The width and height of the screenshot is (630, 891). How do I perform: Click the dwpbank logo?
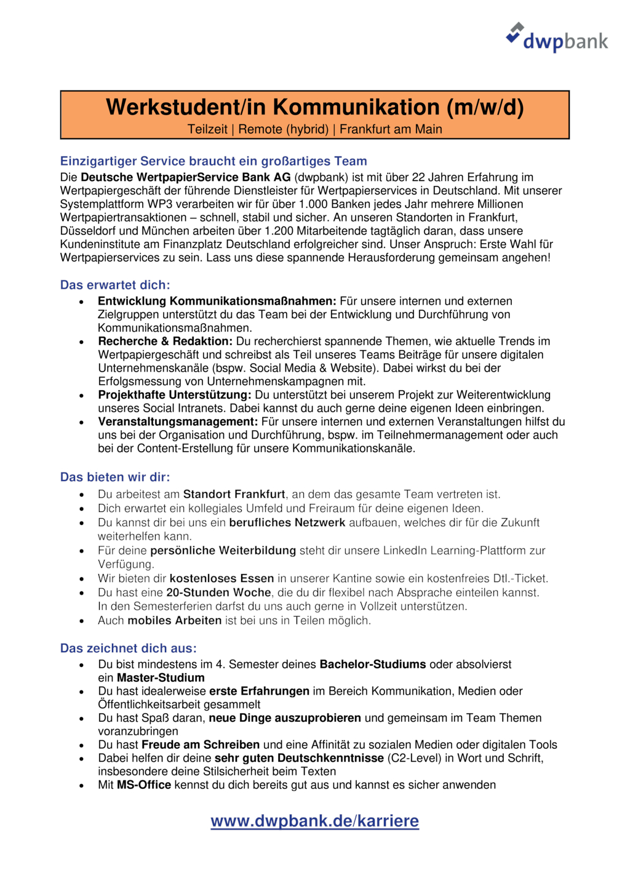557,38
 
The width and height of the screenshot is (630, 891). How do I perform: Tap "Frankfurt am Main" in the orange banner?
391,129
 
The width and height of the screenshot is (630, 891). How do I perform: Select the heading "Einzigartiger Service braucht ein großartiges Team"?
213,161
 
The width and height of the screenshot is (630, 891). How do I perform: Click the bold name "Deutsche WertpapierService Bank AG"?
186,177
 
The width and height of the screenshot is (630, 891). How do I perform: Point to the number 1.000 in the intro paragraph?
313,204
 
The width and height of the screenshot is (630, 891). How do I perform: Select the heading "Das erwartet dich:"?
115,285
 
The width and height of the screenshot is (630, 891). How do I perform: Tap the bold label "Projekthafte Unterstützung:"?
175,395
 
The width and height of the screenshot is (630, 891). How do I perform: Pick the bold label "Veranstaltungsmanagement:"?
178,422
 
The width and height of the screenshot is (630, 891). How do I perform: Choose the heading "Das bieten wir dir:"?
115,477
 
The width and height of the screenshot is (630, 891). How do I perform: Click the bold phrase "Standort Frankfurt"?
234,494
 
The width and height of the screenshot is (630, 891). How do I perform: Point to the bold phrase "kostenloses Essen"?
221,578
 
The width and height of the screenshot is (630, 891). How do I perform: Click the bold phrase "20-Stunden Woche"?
218,593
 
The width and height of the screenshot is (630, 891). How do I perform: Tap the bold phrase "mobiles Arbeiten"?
174,620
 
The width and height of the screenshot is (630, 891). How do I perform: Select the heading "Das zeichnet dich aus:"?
129,648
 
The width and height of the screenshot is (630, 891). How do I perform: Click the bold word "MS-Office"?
144,785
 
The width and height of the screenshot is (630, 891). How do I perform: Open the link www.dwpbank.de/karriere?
315,821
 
